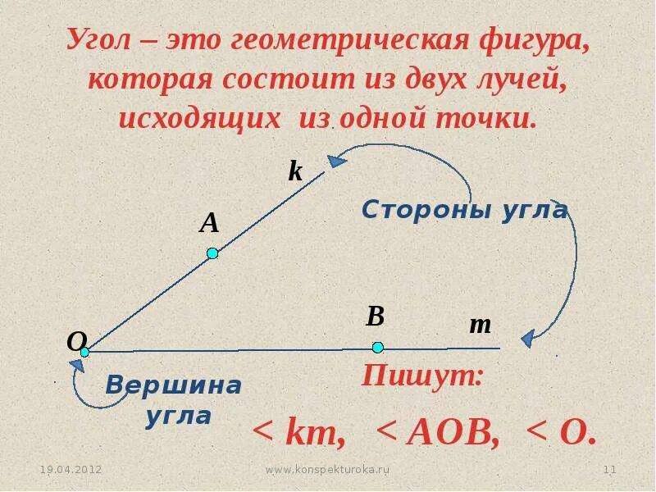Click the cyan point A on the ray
[212, 253]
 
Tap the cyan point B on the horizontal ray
[377, 347]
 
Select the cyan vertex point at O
[84, 352]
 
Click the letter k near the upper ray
[295, 171]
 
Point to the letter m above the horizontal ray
[480, 325]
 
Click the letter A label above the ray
[210, 223]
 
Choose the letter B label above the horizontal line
[376, 316]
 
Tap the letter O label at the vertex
[76, 340]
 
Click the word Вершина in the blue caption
[174, 385]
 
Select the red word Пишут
[423, 377]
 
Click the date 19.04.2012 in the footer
[71, 469]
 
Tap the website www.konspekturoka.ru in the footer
[328, 469]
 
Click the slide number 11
[608, 469]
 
